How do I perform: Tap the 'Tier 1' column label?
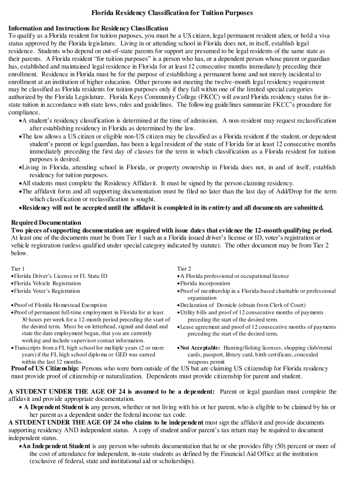(x=17, y=269)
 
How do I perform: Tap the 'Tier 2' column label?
(x=184, y=269)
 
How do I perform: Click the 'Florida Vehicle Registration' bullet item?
(x=47, y=283)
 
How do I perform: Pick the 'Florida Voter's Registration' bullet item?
(x=47, y=291)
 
